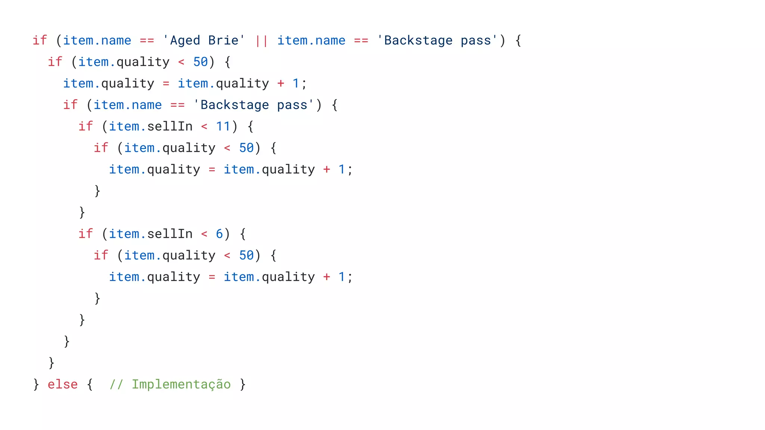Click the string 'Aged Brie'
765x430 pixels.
204,40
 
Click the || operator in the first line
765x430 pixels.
261,40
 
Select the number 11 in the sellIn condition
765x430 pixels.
223,127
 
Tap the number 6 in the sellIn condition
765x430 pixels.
219,234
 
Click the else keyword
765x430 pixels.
63,384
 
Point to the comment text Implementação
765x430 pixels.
181,384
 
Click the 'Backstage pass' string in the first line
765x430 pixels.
437,40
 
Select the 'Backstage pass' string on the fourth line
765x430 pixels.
254,105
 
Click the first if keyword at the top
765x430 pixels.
40,40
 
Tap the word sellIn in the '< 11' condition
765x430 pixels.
170,127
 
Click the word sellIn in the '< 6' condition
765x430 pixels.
170,234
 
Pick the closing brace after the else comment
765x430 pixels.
243,384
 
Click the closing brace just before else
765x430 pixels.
36,384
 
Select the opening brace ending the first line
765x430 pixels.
518,40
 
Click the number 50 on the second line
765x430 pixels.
201,62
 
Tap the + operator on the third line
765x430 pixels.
281,84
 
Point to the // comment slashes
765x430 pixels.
116,384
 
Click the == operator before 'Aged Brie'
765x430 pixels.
147,40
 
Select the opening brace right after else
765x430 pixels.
90,384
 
